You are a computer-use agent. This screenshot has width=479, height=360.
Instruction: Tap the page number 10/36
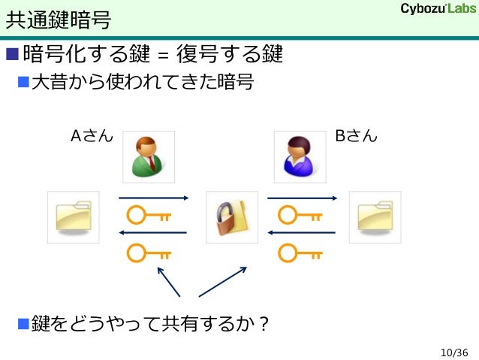(x=454, y=352)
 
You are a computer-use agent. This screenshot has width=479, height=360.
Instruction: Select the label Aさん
(x=92, y=137)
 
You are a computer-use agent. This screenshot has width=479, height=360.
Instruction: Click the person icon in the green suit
(x=149, y=156)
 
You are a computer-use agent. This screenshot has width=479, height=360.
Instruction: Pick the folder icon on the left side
(x=73, y=216)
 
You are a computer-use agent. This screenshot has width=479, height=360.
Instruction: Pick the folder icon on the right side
(x=375, y=216)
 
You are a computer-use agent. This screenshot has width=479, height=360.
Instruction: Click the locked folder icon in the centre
(x=230, y=216)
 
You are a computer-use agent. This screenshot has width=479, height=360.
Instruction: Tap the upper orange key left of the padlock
(x=149, y=216)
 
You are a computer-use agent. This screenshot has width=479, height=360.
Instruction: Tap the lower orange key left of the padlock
(x=149, y=253)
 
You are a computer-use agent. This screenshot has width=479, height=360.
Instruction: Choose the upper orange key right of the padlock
(x=300, y=216)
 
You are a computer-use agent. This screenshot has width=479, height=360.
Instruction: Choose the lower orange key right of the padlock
(x=300, y=253)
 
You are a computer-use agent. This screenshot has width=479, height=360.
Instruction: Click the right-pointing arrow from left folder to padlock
(x=152, y=198)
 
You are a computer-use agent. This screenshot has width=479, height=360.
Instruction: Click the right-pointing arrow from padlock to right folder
(x=302, y=198)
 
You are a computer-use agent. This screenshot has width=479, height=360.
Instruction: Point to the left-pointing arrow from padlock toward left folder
(x=152, y=233)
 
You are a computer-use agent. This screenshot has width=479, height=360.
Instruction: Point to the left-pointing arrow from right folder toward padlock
(x=302, y=233)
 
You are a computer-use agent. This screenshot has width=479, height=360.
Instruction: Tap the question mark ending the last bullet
(x=264, y=325)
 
